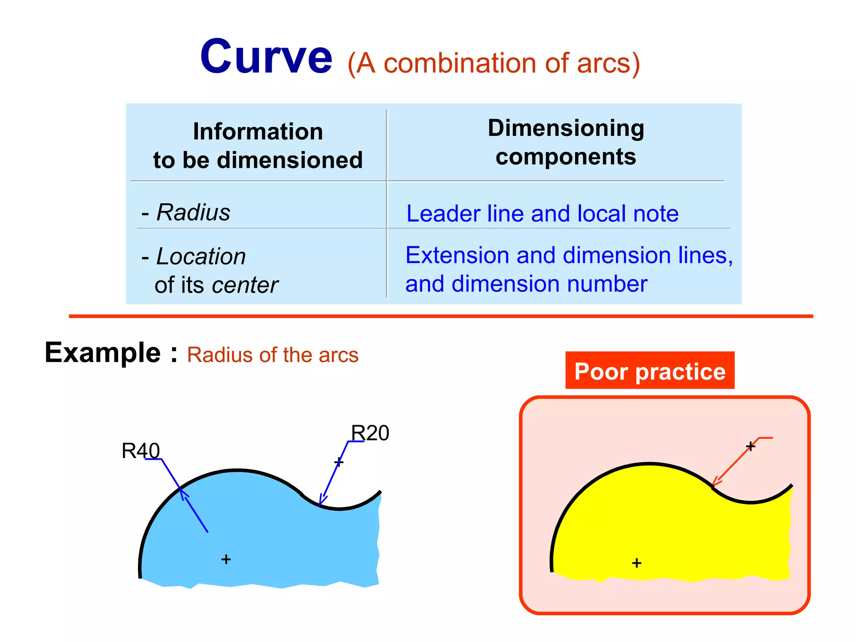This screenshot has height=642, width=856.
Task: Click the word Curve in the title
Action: coord(266,57)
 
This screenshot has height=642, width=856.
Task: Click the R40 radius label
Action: coord(140,451)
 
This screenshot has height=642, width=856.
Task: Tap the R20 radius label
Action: coord(370,433)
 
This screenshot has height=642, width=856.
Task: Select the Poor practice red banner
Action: coord(650,371)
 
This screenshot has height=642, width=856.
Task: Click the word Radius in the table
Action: coord(193,212)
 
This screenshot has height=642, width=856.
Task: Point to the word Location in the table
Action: coord(201,256)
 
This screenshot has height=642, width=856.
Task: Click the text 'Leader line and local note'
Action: coord(542,214)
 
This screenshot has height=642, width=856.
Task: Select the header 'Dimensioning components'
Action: coord(566,142)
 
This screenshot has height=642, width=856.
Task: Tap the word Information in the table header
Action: coord(258,132)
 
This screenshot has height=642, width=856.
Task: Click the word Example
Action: coord(103,352)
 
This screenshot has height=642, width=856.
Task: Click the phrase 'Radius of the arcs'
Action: coord(273,355)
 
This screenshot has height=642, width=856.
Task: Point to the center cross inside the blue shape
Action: coord(226,559)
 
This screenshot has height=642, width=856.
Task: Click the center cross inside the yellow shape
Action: coord(637,563)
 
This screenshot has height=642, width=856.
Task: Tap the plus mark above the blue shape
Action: coord(339,462)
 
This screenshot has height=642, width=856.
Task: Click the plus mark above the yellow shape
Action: coord(751,446)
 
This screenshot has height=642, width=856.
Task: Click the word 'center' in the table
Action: coord(245,285)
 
